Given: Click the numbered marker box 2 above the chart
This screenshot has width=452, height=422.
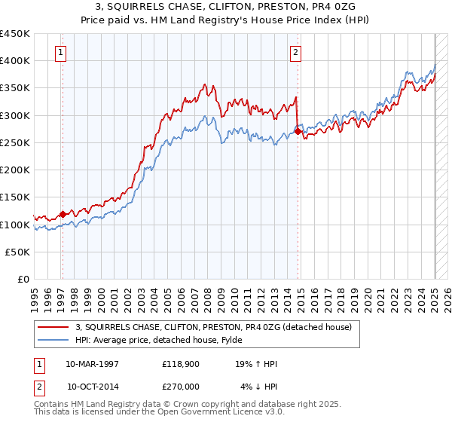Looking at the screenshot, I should tap(295, 52).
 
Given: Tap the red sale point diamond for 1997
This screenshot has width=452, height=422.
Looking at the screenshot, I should tap(63, 214).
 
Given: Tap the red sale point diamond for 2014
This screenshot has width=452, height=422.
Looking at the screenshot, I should tap(298, 131).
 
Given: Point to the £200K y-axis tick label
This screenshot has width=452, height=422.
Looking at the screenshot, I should tap(16, 170).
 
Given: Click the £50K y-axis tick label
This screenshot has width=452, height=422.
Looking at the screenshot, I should tap(19, 252).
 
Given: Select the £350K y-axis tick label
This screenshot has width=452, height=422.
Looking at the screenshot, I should tap(16, 88).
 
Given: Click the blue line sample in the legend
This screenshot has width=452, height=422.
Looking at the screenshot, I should tap(54, 340).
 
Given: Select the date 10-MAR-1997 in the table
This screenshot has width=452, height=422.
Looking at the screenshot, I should tap(92, 364).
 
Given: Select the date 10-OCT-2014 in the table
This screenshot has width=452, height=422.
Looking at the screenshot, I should tap(92, 386).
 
